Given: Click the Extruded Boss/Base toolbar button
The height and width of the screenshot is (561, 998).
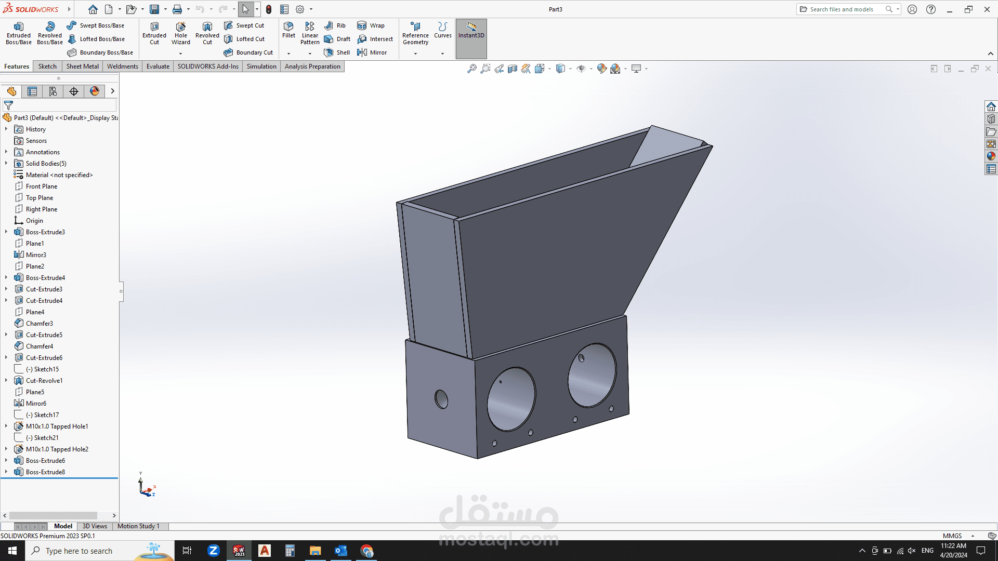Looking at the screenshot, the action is (x=19, y=33).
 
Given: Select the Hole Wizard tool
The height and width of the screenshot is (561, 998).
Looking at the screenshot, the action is (x=181, y=33).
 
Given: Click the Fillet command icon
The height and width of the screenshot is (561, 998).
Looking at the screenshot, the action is (x=288, y=30).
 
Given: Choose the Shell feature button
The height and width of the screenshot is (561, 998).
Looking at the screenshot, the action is (x=337, y=52).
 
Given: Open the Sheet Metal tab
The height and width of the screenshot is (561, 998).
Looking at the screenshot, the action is (x=82, y=66).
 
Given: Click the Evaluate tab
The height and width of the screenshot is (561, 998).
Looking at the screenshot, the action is (x=158, y=66).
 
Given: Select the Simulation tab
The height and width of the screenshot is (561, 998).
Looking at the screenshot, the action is (x=261, y=66).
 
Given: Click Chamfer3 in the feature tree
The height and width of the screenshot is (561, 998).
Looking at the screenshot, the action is (x=40, y=324).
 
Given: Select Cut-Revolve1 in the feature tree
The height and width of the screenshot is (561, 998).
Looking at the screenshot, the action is (x=44, y=381).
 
